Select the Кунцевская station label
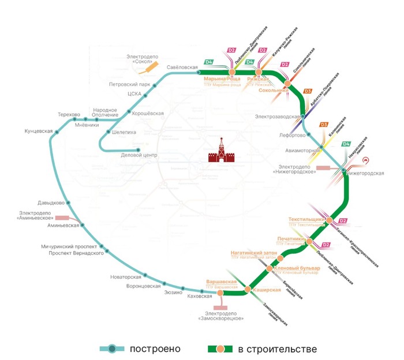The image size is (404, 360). pos(39,131)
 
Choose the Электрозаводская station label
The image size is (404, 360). pos(279,117)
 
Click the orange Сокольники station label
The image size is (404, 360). pos(273,91)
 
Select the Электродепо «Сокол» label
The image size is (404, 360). pos(142,59)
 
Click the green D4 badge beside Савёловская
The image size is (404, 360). pos(209,62)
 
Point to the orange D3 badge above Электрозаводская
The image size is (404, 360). pos(308,91)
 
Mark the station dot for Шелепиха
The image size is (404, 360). pos(107,132)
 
